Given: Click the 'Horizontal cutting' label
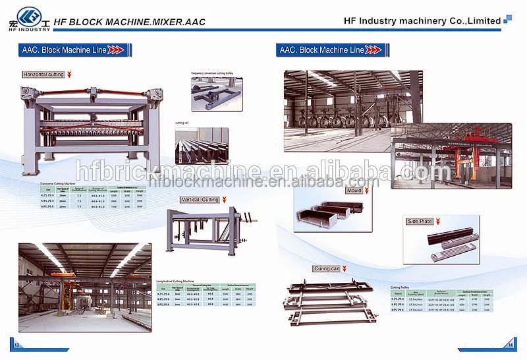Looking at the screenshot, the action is click(x=43, y=75).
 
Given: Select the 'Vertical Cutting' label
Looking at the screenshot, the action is click(x=200, y=200).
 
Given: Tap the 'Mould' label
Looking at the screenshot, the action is click(x=354, y=191).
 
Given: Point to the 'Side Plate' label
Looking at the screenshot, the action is click(x=420, y=222).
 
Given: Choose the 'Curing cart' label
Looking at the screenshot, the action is click(x=327, y=269).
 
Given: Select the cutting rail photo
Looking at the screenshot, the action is click(x=202, y=145).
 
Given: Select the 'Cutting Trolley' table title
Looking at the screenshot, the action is click(x=401, y=287).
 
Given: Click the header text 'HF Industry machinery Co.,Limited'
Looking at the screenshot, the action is click(x=422, y=20).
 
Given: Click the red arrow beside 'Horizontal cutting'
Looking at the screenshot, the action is click(x=69, y=75).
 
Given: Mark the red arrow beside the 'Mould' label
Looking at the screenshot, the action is click(x=367, y=191).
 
